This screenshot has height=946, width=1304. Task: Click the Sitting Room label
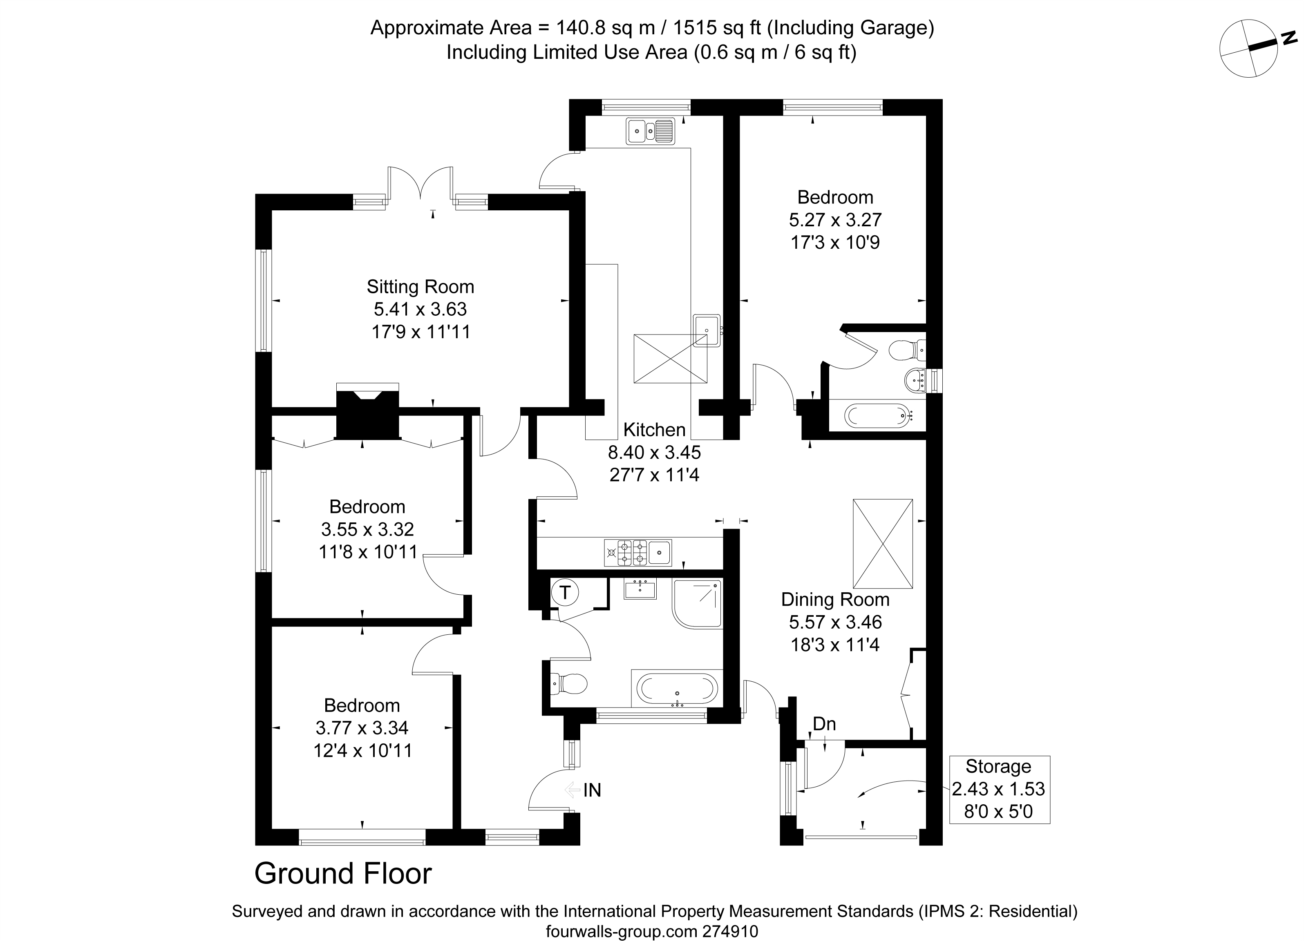pyautogui.click(x=420, y=286)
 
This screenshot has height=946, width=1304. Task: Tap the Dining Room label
pyautogui.click(x=835, y=600)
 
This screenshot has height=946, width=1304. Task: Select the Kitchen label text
pyautogui.click(x=654, y=429)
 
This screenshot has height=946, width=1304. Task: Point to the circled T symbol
pyautogui.click(x=565, y=593)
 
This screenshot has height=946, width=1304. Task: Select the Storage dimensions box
pyautogui.click(x=999, y=789)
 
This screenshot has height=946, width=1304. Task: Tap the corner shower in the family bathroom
pyautogui.click(x=697, y=604)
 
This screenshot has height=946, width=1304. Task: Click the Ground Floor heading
pyautogui.click(x=343, y=874)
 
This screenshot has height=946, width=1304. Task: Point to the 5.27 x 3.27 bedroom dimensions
pyautogui.click(x=835, y=219)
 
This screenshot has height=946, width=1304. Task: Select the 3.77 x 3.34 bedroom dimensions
pyautogui.click(x=362, y=727)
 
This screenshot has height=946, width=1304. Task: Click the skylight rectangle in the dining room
pyautogui.click(x=883, y=544)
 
